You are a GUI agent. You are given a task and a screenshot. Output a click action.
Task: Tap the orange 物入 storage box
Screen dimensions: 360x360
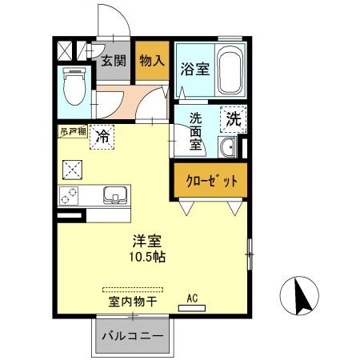point(151,60)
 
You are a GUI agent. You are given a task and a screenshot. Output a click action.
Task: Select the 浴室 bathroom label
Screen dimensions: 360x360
point(194,68)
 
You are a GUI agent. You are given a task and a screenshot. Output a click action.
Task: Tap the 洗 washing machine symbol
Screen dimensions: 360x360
point(233,121)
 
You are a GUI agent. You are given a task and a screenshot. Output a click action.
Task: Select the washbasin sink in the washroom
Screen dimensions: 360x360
point(227,148)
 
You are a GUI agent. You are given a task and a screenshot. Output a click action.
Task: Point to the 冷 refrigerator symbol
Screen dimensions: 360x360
point(102,137)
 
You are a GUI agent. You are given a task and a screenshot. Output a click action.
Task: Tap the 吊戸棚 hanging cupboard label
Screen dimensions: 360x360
point(72,131)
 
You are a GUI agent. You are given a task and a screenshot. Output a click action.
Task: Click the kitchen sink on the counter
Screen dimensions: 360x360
point(114,195)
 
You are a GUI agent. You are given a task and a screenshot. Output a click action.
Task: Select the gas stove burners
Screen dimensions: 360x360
point(70,195)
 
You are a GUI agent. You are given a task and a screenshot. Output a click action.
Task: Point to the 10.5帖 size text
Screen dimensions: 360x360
point(147,258)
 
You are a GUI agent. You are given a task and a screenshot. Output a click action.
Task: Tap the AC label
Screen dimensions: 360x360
point(192,298)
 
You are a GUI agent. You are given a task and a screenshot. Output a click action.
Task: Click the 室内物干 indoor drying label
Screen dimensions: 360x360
point(133,302)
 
